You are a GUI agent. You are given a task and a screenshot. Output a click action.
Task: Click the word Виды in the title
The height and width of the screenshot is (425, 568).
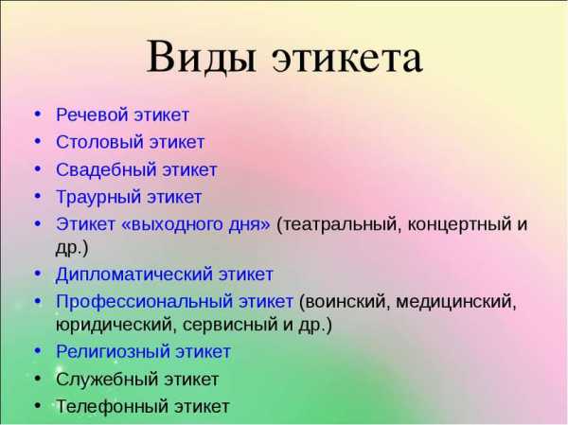click(x=201, y=57)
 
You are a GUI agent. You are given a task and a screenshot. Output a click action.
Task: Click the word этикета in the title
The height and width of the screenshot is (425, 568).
click(x=347, y=59)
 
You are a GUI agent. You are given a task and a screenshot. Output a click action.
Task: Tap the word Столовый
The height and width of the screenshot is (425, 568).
click(x=98, y=142)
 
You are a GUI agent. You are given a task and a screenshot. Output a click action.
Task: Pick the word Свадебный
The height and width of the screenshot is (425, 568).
click(x=106, y=169)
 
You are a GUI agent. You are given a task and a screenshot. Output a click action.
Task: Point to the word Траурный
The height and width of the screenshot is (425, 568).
click(x=98, y=198)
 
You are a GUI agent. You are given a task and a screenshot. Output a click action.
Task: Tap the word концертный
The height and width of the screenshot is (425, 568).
click(x=457, y=225)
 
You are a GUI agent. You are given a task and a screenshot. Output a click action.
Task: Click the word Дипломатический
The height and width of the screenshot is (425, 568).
click(x=133, y=274)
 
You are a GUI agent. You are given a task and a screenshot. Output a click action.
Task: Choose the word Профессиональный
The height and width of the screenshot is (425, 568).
click(x=144, y=302)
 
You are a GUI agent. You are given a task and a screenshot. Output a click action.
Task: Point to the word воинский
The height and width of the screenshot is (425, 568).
click(x=345, y=301)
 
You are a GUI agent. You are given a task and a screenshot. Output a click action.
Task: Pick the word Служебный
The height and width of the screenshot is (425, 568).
click(x=107, y=380)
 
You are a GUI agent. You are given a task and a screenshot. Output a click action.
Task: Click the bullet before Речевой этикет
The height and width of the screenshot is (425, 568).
click(x=38, y=115)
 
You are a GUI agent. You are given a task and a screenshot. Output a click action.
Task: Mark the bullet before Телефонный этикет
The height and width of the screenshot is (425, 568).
click(x=38, y=405)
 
